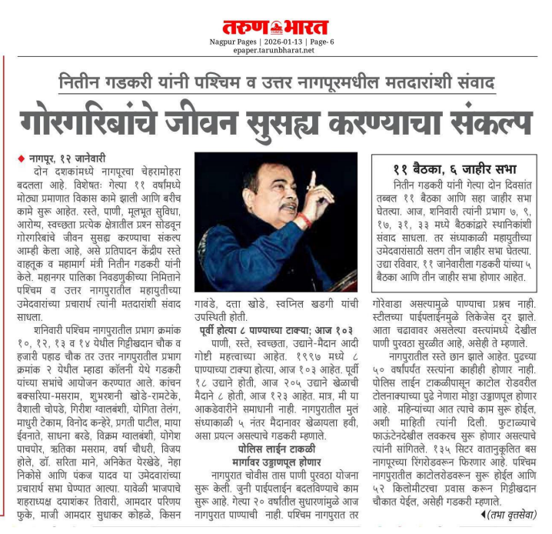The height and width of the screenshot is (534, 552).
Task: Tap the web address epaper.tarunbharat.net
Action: pos(275,51)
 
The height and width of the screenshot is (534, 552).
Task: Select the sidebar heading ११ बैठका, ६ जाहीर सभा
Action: pos(454,169)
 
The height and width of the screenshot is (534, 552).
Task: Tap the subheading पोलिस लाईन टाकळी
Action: pos(277,446)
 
